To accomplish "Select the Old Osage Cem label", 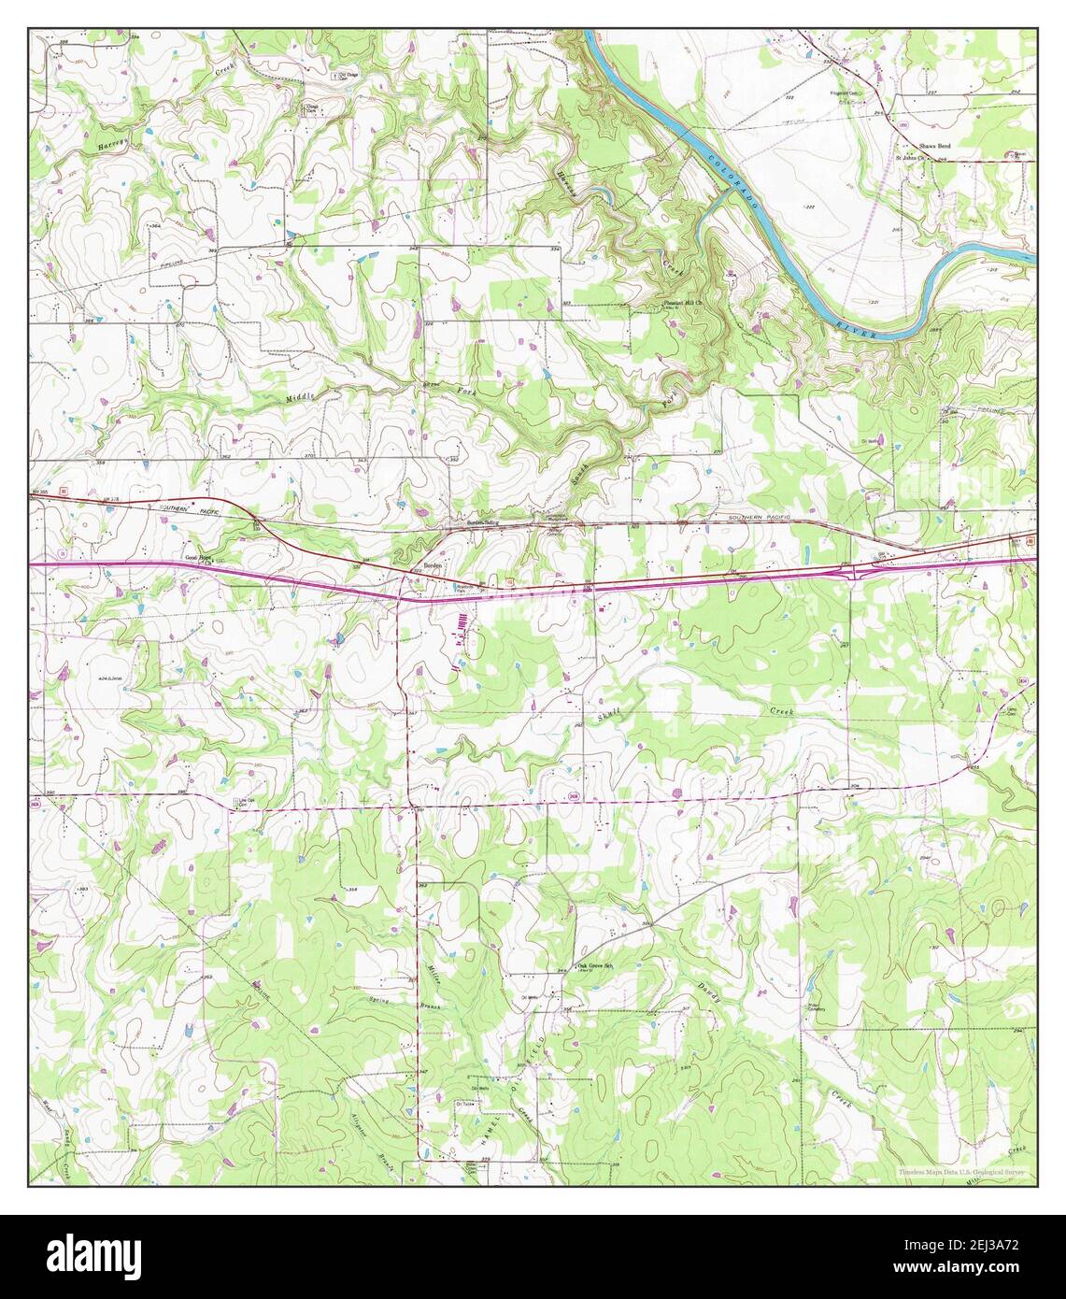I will pos(348,76).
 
